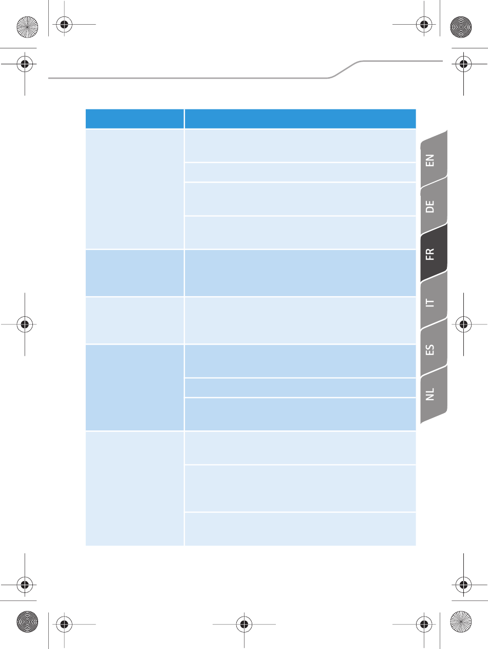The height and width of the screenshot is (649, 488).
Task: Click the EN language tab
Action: pos(434,159)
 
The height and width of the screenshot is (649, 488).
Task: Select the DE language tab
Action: pos(434,206)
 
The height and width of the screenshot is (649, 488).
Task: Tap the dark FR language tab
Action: pos(434,254)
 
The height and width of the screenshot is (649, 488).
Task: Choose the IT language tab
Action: pos(434,301)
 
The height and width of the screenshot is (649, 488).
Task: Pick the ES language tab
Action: pos(434,349)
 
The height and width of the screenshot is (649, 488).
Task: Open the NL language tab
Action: pos(434,395)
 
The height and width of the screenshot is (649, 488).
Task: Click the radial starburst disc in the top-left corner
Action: pos(27,27)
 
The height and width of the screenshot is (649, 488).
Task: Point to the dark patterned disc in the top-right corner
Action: pos(461,27)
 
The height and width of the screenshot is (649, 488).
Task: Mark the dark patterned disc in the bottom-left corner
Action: pos(27,622)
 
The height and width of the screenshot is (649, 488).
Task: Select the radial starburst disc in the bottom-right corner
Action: pos(461,622)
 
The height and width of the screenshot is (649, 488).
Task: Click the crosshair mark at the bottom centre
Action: pos(244,624)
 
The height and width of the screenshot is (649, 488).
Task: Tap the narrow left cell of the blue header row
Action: pos(135,119)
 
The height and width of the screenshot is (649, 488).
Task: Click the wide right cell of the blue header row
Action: pos(300,119)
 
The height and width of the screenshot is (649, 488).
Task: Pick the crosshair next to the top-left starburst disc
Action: pos(64,24)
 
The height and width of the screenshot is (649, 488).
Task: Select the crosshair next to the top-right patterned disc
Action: pos(424,24)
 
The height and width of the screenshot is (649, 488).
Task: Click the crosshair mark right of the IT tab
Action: pos(463,324)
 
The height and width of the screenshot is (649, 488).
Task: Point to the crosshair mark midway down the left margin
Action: pos(25,324)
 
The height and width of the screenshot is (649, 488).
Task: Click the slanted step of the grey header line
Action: pos(345,69)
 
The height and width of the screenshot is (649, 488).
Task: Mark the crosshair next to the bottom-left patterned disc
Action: pos(64,624)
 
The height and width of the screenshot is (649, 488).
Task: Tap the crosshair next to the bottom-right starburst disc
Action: pos(424,624)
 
